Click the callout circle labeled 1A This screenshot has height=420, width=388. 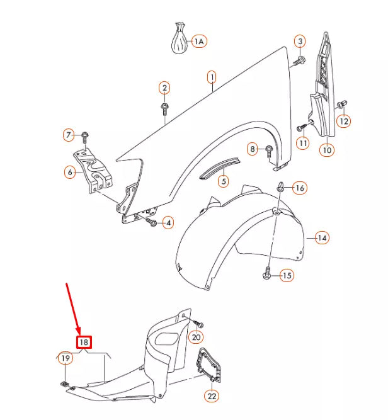(199, 42)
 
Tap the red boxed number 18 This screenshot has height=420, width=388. (84, 343)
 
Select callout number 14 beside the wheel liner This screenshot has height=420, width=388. (322, 238)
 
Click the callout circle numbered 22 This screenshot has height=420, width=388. (212, 396)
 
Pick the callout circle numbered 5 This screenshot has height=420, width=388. (223, 181)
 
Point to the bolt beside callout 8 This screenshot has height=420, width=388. (269, 149)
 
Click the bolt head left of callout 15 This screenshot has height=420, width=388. (267, 275)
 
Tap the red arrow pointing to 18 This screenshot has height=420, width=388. (73, 309)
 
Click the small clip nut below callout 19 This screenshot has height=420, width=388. (65, 383)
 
